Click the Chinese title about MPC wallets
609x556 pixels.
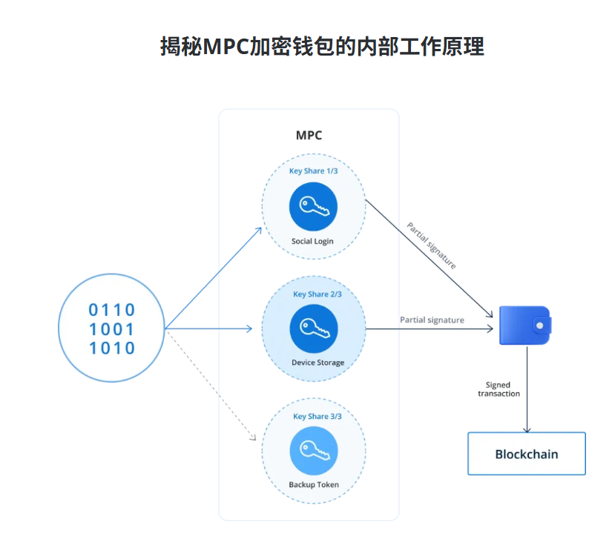point(322,46)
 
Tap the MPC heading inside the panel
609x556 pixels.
point(309,136)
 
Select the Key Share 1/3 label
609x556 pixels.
point(314,172)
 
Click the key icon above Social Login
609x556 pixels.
point(313,207)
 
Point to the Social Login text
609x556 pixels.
point(313,241)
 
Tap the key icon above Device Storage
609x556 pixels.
point(313,328)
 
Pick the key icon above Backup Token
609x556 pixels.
point(313,451)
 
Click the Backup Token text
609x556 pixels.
point(314,485)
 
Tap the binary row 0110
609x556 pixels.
point(112,310)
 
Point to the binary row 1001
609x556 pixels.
point(112,329)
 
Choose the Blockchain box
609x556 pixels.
point(527,454)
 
